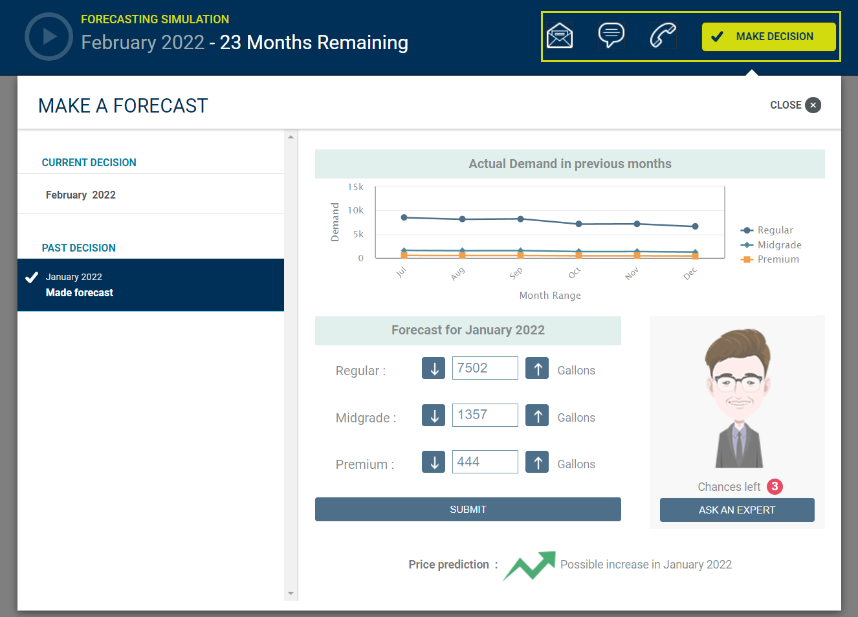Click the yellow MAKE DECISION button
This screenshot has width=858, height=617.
tap(769, 37)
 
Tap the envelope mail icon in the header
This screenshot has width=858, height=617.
tap(560, 36)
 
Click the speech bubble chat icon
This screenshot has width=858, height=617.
tap(611, 35)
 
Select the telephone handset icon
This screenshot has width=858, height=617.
tap(663, 36)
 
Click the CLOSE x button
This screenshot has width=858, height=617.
tap(813, 105)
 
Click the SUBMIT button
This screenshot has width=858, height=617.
tap(468, 510)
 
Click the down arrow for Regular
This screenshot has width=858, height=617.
tap(434, 368)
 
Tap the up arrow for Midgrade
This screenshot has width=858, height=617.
tap(537, 415)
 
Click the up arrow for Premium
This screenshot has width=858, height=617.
tap(537, 462)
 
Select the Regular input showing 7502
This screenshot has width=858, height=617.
tap(485, 368)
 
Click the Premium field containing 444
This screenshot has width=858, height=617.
tap(485, 462)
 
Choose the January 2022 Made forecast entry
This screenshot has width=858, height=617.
tap(151, 285)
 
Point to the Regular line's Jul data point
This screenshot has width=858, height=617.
tap(404, 217)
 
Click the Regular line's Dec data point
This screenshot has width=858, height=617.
tap(695, 226)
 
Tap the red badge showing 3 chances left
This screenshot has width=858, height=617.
tap(775, 486)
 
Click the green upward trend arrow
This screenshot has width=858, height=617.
tap(531, 565)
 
